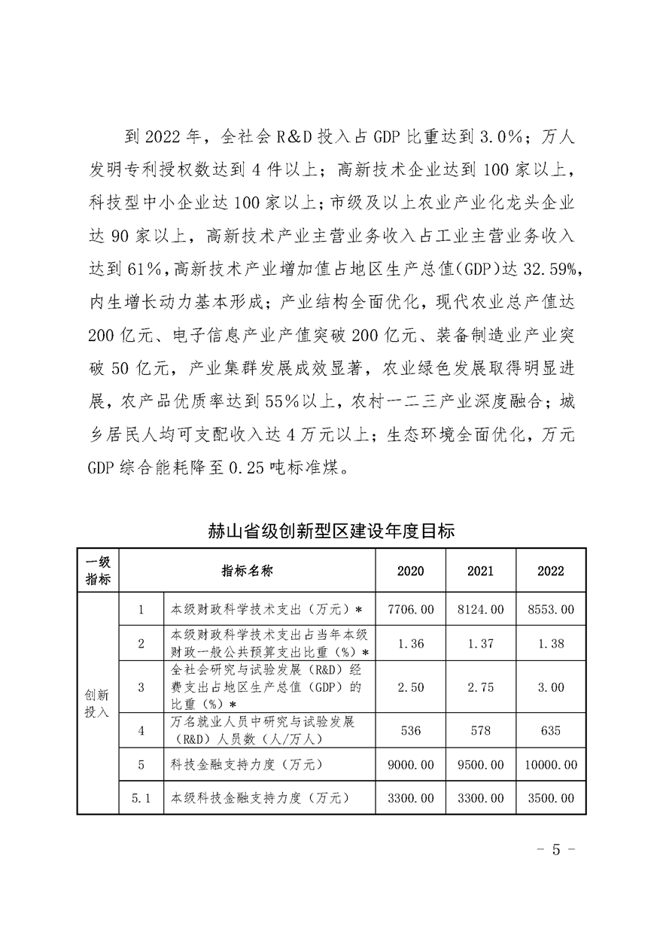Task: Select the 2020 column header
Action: (x=410, y=571)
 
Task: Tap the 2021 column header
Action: (x=480, y=571)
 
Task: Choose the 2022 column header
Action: (x=550, y=571)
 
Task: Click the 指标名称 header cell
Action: (x=247, y=571)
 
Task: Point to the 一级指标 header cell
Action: (x=98, y=571)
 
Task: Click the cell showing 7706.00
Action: (x=410, y=609)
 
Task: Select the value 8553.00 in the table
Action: (x=550, y=609)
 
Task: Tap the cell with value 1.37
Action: (x=480, y=644)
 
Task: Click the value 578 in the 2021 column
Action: (x=480, y=729)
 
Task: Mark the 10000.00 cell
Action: (x=550, y=766)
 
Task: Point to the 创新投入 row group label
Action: (x=98, y=702)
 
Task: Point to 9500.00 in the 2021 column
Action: (x=480, y=766)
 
